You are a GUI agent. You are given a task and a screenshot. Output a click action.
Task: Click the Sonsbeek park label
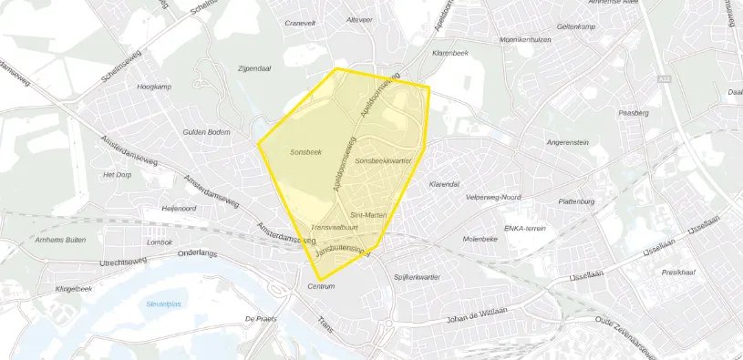click(x=306, y=151)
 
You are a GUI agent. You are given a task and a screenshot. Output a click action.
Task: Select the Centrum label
click(x=322, y=287)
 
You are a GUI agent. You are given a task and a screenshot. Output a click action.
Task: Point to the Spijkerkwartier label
click(x=417, y=276)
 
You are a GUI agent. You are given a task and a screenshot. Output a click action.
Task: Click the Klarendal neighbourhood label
click(x=444, y=183)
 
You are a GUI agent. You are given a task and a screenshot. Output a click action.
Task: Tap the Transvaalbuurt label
click(x=334, y=227)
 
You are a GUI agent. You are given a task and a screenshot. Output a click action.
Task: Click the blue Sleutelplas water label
click(x=165, y=304)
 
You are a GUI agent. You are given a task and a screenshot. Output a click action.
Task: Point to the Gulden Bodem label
click(x=206, y=132)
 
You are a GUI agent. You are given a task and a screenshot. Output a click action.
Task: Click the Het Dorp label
click(x=119, y=174)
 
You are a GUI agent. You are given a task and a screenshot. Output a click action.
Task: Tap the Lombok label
click(x=159, y=242)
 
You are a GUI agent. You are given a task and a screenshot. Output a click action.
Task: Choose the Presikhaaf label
click(x=679, y=272)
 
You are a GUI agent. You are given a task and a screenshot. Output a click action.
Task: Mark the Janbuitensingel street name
click(x=341, y=249)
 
